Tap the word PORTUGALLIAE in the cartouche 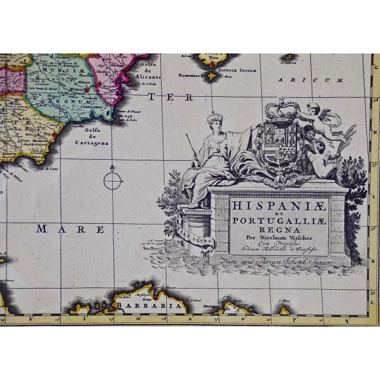279,221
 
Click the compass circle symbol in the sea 113,179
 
